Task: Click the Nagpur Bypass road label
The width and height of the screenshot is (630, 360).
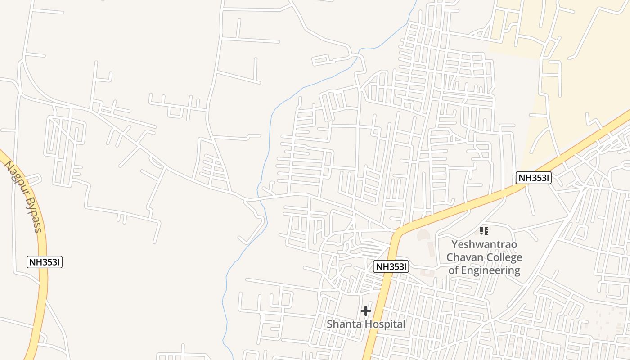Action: pos(23,196)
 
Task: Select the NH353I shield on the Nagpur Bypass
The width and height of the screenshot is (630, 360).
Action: pos(45,262)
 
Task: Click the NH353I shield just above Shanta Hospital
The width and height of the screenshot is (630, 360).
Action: pos(391,266)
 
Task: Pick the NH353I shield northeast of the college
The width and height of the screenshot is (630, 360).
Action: pos(533,178)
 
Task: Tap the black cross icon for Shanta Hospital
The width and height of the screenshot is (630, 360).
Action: pos(366,310)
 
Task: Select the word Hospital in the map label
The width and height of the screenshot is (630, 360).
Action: pos(385,324)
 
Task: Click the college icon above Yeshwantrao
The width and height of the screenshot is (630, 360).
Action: pos(484,231)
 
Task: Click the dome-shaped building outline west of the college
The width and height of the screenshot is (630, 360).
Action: pos(423,234)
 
